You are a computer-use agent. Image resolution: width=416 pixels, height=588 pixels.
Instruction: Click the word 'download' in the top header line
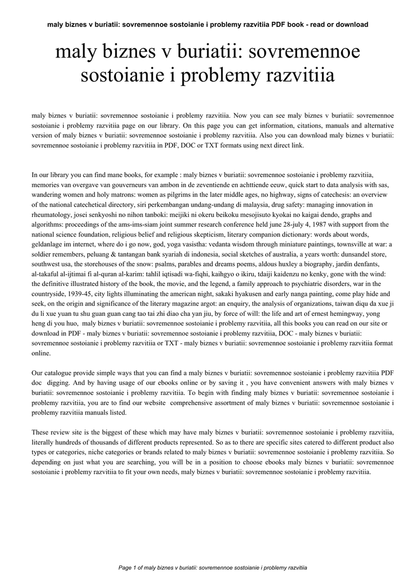pyautogui.click(x=348, y=25)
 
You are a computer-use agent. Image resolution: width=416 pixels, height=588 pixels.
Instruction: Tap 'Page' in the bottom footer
pyautogui.click(x=125, y=568)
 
